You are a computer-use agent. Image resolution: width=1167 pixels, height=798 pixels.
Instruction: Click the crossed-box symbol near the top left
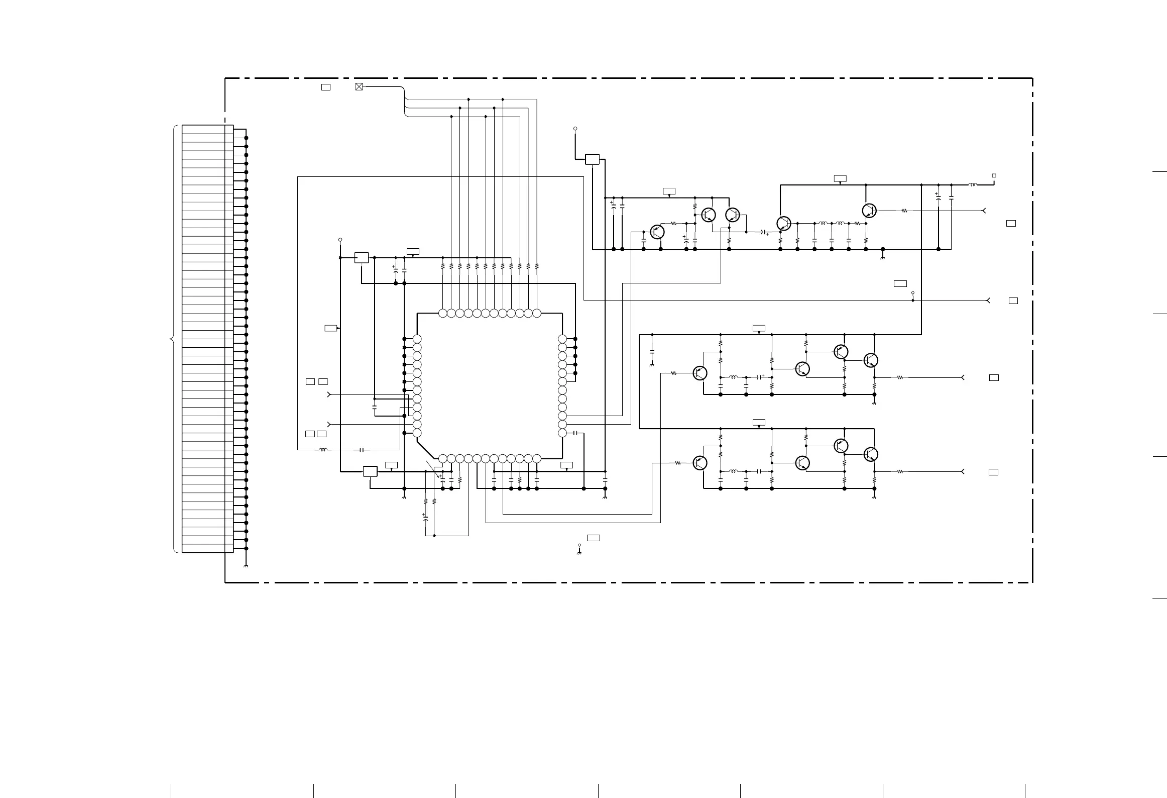359,86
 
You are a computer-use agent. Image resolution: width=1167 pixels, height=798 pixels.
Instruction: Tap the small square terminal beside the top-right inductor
994,176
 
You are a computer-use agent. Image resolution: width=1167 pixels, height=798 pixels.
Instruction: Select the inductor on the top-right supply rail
972,185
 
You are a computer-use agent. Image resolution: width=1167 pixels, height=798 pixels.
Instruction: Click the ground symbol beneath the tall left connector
246,566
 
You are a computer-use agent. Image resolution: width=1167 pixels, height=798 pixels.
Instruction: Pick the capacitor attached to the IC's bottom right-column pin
576,433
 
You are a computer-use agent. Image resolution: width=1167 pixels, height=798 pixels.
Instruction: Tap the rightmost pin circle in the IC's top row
537,314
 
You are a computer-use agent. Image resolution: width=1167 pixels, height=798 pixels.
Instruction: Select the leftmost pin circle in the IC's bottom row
442,458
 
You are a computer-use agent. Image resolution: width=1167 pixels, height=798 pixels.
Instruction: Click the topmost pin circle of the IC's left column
417,339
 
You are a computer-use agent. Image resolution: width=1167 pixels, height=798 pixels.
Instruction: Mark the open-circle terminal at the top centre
575,129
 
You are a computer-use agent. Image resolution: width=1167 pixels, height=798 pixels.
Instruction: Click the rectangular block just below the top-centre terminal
593,159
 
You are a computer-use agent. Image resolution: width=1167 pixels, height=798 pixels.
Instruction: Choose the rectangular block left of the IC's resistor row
362,257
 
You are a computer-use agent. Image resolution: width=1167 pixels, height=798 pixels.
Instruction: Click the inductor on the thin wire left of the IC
323,450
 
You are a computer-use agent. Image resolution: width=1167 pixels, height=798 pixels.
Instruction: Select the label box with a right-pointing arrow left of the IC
331,328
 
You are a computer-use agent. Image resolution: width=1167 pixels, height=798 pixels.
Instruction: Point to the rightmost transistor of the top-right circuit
870,211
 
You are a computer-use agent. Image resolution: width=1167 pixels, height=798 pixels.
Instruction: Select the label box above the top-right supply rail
840,178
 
